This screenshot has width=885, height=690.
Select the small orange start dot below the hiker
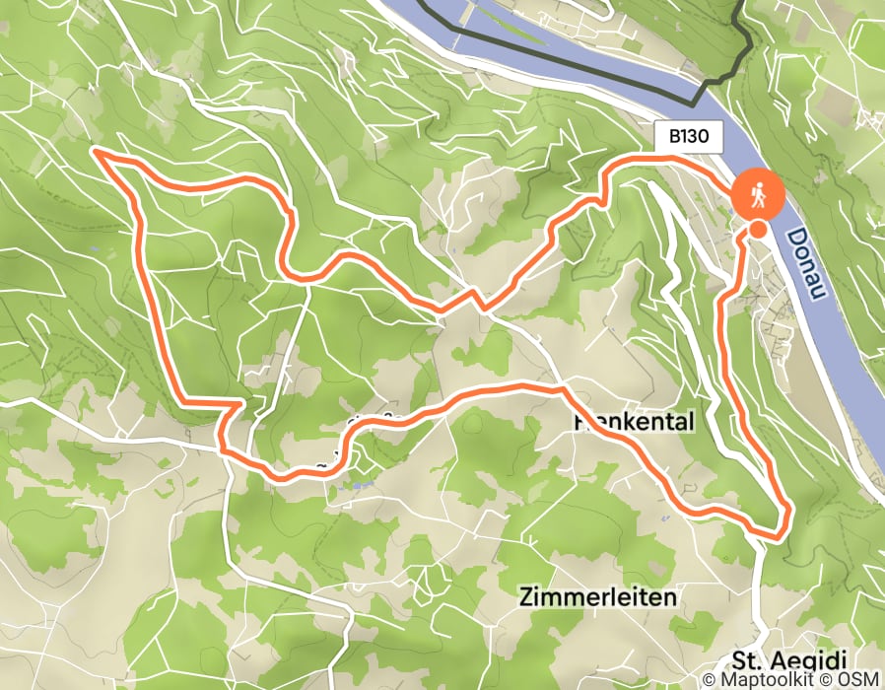[758, 229]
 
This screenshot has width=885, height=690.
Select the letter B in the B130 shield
[675, 137]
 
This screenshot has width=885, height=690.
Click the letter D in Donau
[793, 237]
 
